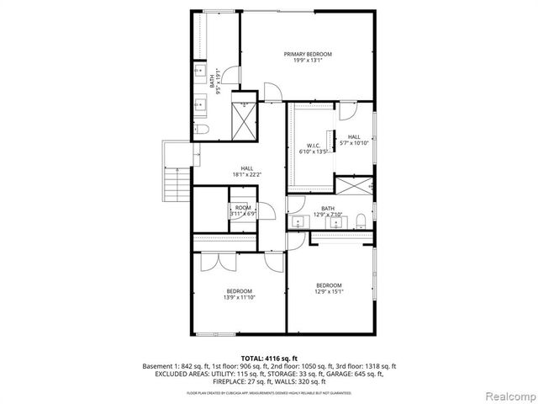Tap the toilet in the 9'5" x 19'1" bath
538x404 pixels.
tap(202, 130)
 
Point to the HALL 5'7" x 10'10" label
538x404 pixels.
tap(354, 140)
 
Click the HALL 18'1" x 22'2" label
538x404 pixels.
tap(247, 172)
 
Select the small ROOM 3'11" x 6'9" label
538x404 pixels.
tap(243, 210)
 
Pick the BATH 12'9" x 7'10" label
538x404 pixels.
tap(328, 211)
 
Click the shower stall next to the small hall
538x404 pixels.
tap(353, 186)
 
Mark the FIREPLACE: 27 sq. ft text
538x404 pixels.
tap(249, 381)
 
